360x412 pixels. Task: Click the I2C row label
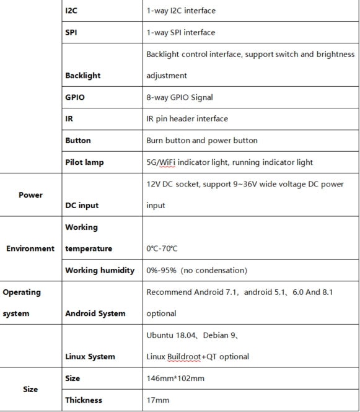tap(71, 11)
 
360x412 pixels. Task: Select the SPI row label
tap(71, 32)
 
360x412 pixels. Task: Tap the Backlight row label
tap(82, 76)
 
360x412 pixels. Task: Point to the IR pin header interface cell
tap(187, 118)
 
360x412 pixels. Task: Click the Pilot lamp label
tap(84, 162)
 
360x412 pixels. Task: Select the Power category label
tap(30, 195)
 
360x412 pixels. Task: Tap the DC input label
tap(82, 205)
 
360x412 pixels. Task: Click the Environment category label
tap(30, 248)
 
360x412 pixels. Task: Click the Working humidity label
tap(100, 270)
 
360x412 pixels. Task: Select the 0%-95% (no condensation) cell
tap(196, 270)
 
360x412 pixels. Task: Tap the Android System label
tap(95, 313)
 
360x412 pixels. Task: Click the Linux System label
tap(90, 356)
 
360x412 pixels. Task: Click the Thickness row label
tap(84, 400)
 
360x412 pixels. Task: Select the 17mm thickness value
tap(158, 400)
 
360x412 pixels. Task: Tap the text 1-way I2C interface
tap(181, 11)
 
